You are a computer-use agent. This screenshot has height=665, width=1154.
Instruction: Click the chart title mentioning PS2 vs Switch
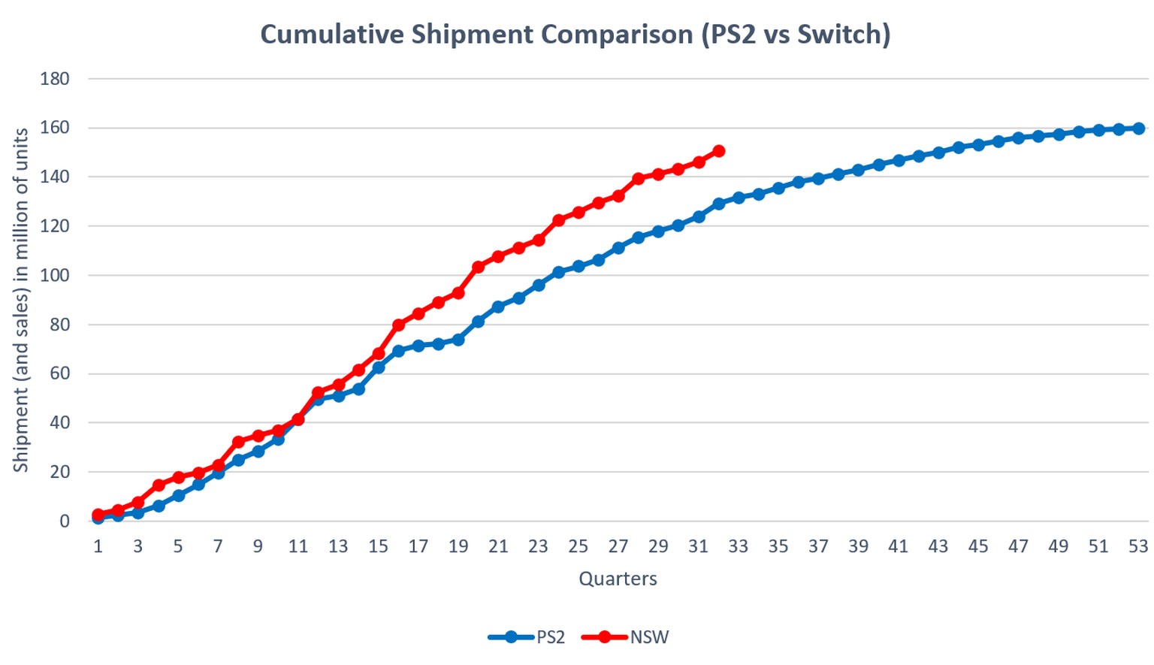tap(575, 35)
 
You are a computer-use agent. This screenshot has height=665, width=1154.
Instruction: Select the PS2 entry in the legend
tap(527, 637)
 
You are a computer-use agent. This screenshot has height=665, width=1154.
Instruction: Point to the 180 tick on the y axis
tap(54, 78)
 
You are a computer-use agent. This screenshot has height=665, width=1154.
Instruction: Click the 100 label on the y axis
tap(54, 276)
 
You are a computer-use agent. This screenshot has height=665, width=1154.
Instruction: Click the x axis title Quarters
tap(618, 579)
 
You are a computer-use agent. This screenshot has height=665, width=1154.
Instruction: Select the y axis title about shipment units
tap(21, 300)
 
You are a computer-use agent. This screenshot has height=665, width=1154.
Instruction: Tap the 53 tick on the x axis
tap(1137, 546)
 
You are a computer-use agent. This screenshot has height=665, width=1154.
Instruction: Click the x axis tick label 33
tap(738, 546)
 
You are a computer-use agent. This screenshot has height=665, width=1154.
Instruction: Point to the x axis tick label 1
tap(98, 546)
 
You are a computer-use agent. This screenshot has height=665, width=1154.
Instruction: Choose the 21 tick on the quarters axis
tap(498, 546)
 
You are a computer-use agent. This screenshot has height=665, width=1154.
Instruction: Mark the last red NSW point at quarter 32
tap(718, 151)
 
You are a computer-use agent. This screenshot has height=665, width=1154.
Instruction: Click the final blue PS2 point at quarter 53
tap(1138, 128)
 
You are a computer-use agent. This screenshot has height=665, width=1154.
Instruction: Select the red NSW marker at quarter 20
tap(478, 267)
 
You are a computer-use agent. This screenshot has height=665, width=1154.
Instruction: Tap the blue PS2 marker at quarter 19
tap(458, 340)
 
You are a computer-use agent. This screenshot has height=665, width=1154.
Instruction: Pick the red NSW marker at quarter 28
tap(638, 179)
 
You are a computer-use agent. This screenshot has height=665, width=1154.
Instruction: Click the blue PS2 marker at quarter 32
tap(718, 204)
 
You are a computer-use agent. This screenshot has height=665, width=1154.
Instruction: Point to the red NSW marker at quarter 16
tap(398, 325)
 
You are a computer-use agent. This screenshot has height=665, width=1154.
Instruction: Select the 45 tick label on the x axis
tap(977, 546)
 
